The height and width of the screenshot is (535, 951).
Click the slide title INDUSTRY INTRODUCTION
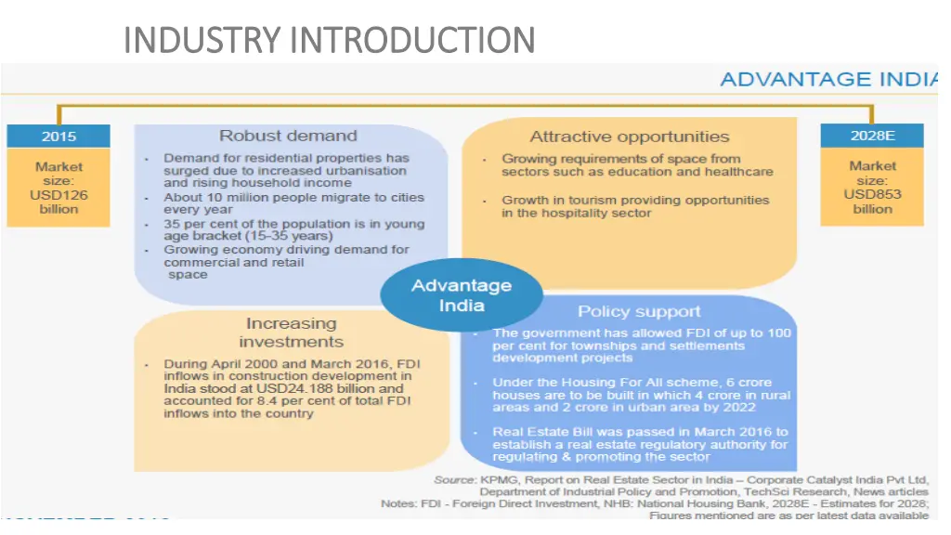pyautogui.click(x=329, y=40)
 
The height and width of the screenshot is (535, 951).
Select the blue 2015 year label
pyautogui.click(x=59, y=136)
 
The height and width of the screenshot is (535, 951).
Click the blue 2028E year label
pyautogui.click(x=872, y=136)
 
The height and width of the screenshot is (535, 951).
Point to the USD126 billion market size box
pyautogui.click(x=59, y=188)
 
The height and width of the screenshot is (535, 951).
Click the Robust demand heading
pyautogui.click(x=288, y=137)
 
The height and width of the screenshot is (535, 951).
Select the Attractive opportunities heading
pyautogui.click(x=630, y=137)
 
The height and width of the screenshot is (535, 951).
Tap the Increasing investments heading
pyautogui.click(x=291, y=333)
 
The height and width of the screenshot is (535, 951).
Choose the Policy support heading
pyautogui.click(x=639, y=311)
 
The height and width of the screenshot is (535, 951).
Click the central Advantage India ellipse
pyautogui.click(x=462, y=294)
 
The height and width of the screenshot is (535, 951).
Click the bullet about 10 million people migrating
pyautogui.click(x=293, y=203)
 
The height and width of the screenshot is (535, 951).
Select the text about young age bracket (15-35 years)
pyautogui.click(x=293, y=230)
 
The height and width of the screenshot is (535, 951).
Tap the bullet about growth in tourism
pyautogui.click(x=635, y=206)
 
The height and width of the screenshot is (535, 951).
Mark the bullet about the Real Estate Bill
pyautogui.click(x=640, y=444)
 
